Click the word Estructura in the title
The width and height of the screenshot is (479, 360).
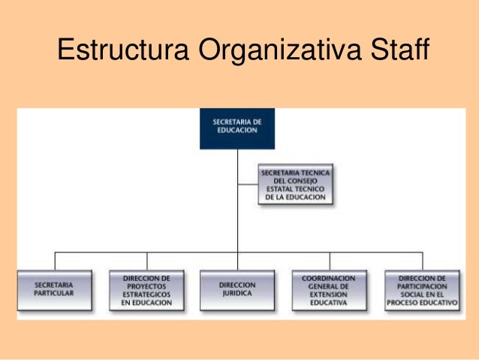coord(122,52)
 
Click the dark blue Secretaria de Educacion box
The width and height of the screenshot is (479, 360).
coord(236,129)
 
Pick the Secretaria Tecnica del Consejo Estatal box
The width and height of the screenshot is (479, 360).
coord(295,185)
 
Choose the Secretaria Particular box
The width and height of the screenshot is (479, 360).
coord(55,290)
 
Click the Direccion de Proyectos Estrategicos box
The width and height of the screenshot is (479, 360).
coord(146,290)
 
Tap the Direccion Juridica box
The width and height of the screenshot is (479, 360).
coord(236,290)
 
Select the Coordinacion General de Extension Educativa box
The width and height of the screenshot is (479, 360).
coord(329,290)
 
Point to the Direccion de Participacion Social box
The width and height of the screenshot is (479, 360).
coord(422,290)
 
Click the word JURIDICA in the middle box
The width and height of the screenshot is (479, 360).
coord(236,295)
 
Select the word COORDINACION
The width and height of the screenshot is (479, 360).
coord(329,278)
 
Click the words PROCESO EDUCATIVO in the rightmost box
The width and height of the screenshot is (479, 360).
coord(422,303)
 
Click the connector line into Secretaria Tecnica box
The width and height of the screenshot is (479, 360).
coord(247,184)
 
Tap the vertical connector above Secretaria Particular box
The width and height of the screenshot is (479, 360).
coord(55,261)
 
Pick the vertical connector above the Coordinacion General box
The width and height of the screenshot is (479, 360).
coord(329,261)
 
